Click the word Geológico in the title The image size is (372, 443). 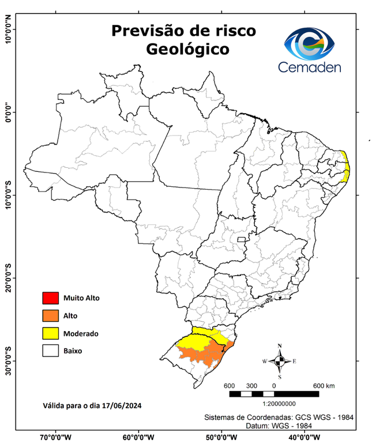(x=187, y=49)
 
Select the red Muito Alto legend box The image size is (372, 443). (x=50, y=298)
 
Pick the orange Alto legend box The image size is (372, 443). (x=50, y=316)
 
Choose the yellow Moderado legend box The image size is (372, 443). (x=50, y=333)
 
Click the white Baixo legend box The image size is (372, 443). (x=50, y=350)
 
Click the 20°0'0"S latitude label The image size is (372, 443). (x=9, y=278)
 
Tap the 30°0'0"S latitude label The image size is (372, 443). (x=9, y=361)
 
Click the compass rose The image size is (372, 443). (x=280, y=361)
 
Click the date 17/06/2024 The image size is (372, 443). (x=122, y=405)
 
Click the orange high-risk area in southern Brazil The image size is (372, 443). (x=202, y=355)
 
